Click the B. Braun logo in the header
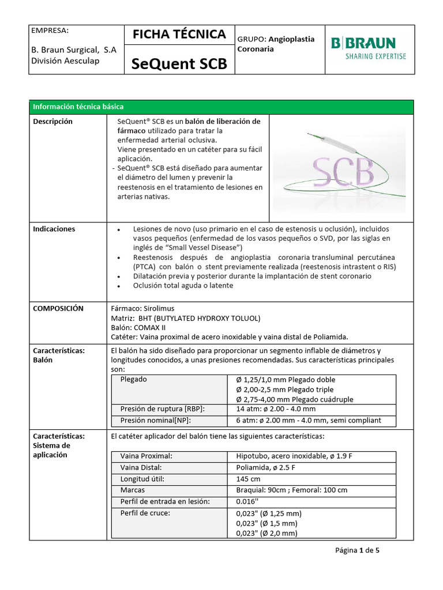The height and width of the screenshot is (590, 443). point(368,48)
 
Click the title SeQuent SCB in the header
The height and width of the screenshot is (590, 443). point(179,64)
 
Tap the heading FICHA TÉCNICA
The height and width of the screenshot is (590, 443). point(179,35)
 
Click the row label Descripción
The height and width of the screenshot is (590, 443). point(52,122)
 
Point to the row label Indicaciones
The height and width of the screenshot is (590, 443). point(54,229)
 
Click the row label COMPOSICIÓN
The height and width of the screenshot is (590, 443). point(58,308)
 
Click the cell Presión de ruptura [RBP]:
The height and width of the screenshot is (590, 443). point(162,409)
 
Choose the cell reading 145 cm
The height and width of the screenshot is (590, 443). point(248,479)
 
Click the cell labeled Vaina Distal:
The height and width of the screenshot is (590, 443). point(141,467)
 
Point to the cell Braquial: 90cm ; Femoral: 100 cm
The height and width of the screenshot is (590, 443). point(291,490)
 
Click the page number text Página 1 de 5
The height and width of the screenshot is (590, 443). point(357,550)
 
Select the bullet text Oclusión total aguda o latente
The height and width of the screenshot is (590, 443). point(183,285)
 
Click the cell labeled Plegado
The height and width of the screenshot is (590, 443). point(133,380)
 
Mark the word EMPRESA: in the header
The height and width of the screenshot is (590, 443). point(50,30)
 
